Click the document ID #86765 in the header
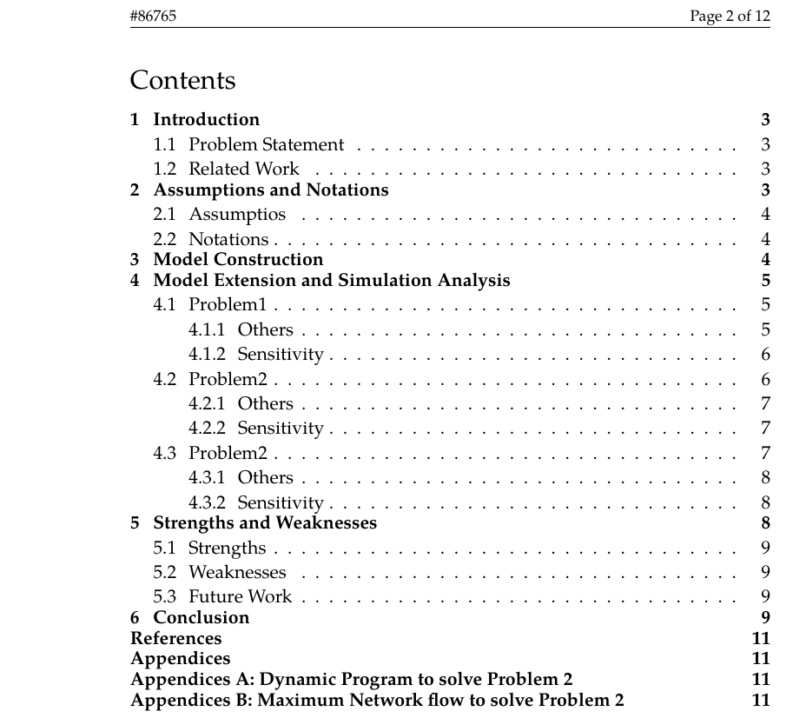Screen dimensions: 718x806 (x=153, y=17)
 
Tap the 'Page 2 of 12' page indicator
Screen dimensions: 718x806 (x=730, y=17)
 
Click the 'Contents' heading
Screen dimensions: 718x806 (x=182, y=81)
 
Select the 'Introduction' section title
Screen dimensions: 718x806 (x=206, y=120)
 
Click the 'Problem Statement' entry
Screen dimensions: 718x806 (x=266, y=145)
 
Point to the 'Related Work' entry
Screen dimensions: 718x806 (x=243, y=170)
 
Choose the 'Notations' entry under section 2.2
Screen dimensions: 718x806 (x=228, y=239)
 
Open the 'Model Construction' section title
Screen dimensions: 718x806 (x=238, y=260)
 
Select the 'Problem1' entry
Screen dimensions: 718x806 (x=228, y=305)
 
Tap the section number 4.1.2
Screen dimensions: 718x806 (x=206, y=355)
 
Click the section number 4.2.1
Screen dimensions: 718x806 (x=206, y=404)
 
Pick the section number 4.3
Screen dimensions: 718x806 (x=164, y=454)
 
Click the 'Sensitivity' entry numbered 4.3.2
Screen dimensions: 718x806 (x=280, y=503)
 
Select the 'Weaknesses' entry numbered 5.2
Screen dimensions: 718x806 (x=237, y=573)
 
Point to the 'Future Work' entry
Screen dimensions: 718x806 (x=240, y=597)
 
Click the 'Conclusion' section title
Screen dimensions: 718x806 (x=201, y=618)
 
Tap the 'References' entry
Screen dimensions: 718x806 (x=175, y=639)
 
